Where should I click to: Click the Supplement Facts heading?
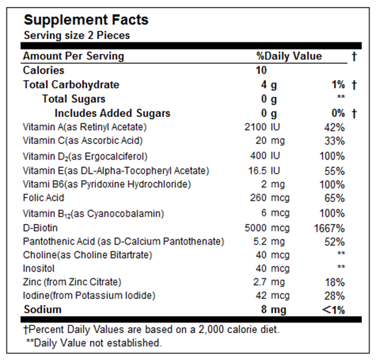click(x=86, y=20)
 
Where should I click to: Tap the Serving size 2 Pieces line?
click(x=77, y=35)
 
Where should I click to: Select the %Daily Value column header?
click(x=289, y=56)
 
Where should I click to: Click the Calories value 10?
click(x=261, y=70)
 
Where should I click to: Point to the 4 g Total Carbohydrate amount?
click(x=269, y=85)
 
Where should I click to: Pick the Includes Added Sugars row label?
click(x=113, y=113)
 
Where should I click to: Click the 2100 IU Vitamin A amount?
click(x=262, y=127)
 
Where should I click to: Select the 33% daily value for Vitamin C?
click(x=335, y=141)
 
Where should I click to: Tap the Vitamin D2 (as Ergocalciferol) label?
click(x=85, y=157)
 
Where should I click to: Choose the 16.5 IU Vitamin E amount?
click(x=264, y=171)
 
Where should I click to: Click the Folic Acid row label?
click(x=43, y=198)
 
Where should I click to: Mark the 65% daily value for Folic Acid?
click(x=335, y=198)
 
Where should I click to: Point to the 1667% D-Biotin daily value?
click(x=329, y=228)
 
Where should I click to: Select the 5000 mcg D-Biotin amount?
click(x=267, y=228)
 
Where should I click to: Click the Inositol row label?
click(x=38, y=269)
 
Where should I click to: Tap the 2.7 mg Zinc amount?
click(x=269, y=282)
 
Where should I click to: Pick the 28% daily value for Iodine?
click(x=335, y=296)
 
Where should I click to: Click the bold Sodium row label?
click(x=43, y=310)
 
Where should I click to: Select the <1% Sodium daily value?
click(x=333, y=310)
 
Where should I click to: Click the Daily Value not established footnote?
click(x=94, y=343)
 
